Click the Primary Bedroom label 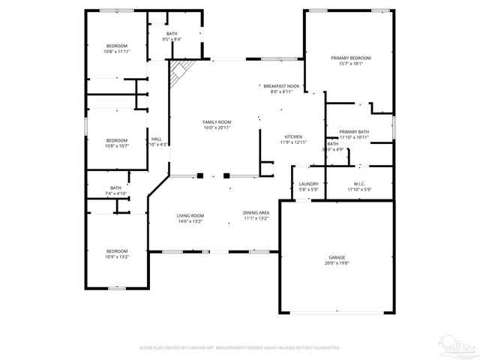click(350, 58)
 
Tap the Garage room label click(337, 257)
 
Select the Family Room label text click(217, 121)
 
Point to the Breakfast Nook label click(281, 86)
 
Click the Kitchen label click(292, 136)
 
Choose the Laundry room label click(308, 184)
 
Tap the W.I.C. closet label click(358, 184)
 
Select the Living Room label click(190, 215)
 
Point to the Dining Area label click(256, 213)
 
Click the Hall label click(157, 139)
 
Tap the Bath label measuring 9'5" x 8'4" click(172, 34)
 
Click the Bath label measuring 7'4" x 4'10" click(115, 188)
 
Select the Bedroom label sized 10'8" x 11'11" click(116, 46)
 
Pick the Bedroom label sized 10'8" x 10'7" click(116, 140)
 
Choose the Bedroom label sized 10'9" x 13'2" click(116, 250)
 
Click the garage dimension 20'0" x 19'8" click(337, 263)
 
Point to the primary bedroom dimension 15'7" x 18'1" click(350, 64)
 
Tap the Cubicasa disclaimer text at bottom click(240, 347)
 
